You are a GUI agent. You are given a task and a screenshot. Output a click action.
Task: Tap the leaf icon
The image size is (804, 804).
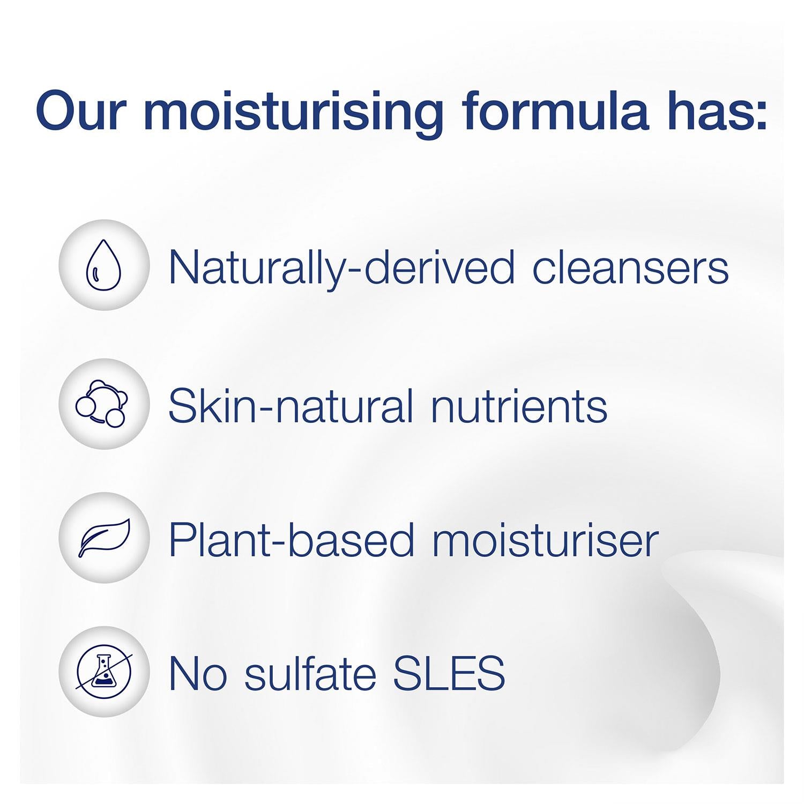(x=105, y=539)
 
